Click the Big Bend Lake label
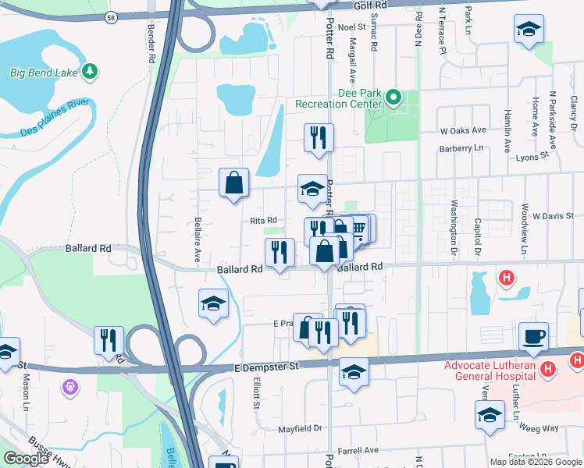click(x=44, y=73)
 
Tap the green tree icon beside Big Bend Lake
click(x=91, y=72)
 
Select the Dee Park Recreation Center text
click(x=338, y=98)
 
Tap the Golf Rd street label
click(x=370, y=5)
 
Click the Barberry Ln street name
click(x=461, y=147)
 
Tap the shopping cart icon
click(x=358, y=228)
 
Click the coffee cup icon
click(x=534, y=335)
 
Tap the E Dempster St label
click(x=266, y=366)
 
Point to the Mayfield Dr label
click(x=301, y=428)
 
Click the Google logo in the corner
click(x=27, y=459)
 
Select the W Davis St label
click(x=553, y=215)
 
